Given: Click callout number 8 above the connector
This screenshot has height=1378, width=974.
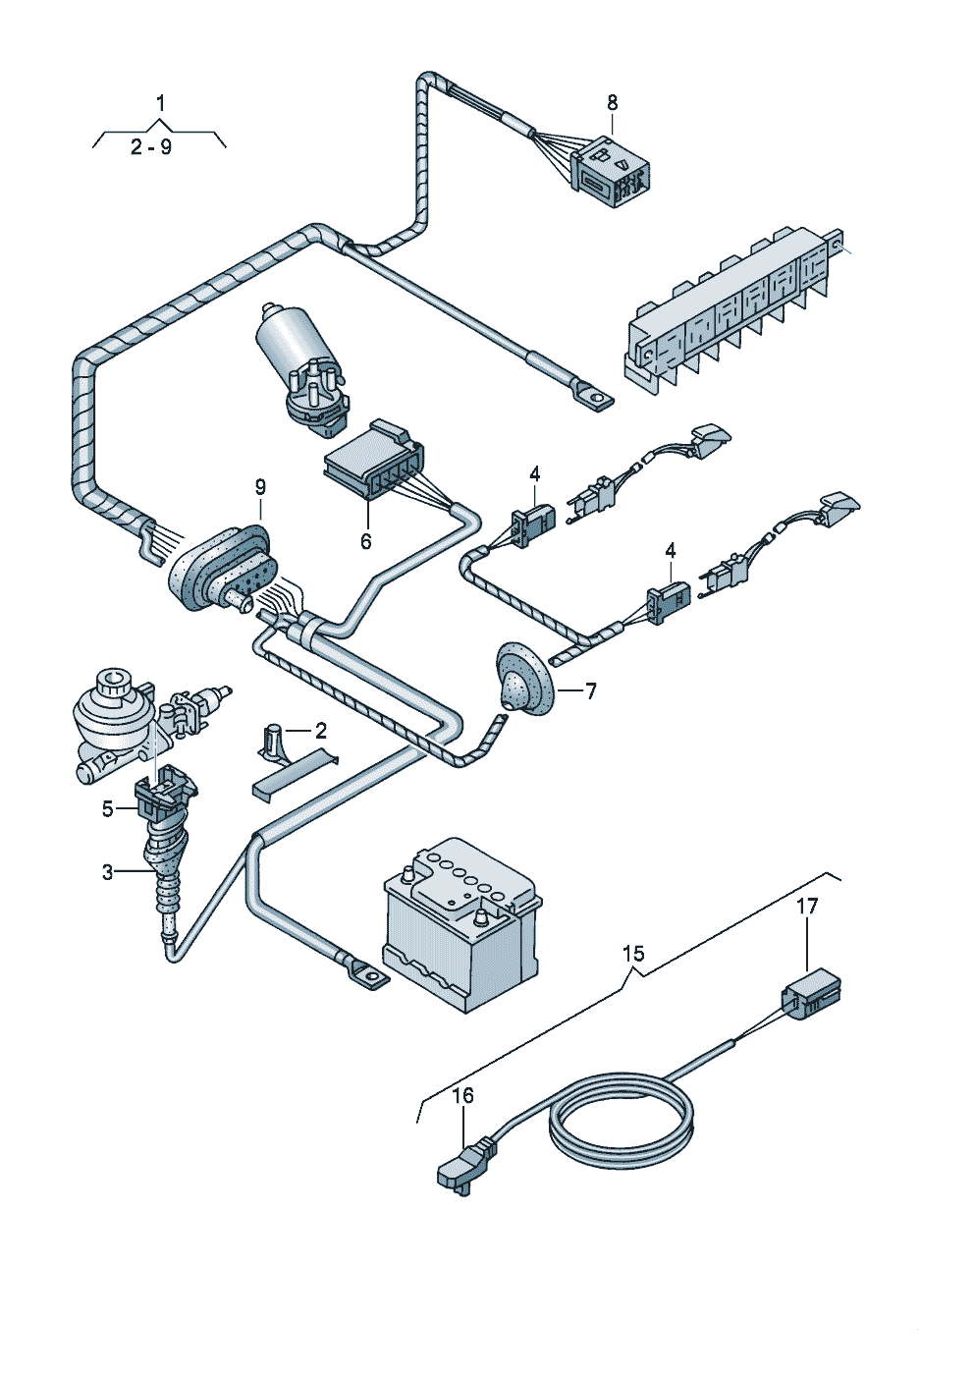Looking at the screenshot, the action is [x=612, y=103].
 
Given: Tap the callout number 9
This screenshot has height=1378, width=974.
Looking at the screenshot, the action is [x=261, y=488].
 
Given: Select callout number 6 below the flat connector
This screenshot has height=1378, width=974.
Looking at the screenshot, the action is [x=366, y=541].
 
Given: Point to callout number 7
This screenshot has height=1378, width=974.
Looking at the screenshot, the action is [x=590, y=692].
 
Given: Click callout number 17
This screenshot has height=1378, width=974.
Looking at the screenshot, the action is [x=808, y=907].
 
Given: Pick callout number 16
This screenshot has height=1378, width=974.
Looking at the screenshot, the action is [x=463, y=1096].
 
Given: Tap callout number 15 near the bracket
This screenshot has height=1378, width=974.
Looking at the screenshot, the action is [x=633, y=954].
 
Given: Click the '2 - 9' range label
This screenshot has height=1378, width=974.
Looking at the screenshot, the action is [x=151, y=147].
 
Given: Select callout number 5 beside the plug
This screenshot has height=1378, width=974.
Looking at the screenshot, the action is [x=108, y=809].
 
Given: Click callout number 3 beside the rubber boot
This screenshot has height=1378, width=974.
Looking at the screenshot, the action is [x=108, y=872].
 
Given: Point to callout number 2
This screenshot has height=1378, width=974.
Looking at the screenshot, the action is [x=320, y=731].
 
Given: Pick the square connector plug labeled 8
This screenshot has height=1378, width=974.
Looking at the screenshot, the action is [x=612, y=171].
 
